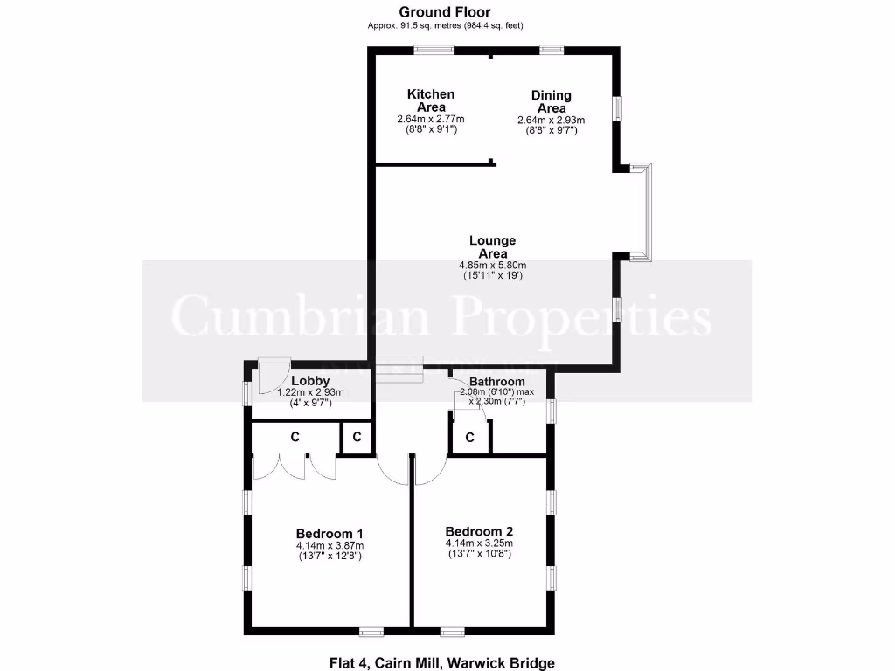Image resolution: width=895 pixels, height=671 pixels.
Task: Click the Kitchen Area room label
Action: click(431, 100)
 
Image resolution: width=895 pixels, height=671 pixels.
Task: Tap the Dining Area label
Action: click(551, 101)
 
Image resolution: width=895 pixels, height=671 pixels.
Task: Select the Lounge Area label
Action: click(493, 247)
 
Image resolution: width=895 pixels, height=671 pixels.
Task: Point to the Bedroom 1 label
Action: click(330, 534)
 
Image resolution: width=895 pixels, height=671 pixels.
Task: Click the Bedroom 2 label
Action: click(479, 531)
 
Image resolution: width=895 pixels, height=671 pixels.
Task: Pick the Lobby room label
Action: click(310, 380)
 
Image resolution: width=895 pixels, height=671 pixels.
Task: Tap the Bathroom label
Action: click(497, 382)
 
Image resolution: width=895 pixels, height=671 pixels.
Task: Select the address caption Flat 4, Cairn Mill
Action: click(442, 663)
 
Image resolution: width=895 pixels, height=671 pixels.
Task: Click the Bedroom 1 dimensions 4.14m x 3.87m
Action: click(329, 547)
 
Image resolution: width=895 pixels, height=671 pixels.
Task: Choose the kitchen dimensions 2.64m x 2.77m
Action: click(431, 120)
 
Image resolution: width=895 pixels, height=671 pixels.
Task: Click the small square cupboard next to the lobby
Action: click(356, 437)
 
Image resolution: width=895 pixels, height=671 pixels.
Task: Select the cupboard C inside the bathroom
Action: click(469, 437)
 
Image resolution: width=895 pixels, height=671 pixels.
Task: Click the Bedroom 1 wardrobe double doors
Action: click(294, 466)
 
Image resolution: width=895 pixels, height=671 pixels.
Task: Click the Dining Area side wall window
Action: click(617, 108)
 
